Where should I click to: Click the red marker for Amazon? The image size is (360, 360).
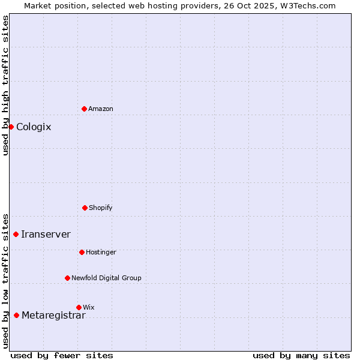[85, 109]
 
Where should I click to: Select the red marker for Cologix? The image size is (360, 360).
[11, 127]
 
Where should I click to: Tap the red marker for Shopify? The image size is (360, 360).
[85, 208]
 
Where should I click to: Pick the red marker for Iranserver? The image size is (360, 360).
[16, 234]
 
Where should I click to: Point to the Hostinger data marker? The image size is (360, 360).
[82, 252]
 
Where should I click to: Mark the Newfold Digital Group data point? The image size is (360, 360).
[67, 278]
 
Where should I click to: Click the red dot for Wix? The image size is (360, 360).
[79, 307]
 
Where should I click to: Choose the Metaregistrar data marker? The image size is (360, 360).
[17, 315]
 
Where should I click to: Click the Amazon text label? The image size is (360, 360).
[101, 109]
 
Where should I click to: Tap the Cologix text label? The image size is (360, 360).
[34, 127]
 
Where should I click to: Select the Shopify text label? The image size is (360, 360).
[101, 208]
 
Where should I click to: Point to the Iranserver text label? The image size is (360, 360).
[46, 234]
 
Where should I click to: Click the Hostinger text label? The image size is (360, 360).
[101, 252]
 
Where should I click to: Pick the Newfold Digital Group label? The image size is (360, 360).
[106, 278]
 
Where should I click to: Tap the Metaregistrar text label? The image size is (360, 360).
[53, 316]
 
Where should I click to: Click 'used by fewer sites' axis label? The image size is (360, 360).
[62, 355]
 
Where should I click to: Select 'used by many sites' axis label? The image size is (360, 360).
[301, 355]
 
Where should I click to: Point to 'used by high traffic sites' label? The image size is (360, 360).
[5, 85]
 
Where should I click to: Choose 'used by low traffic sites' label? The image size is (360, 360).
[5, 280]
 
